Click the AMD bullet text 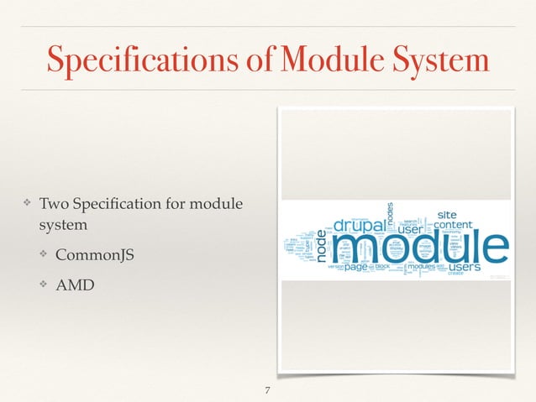[76, 285]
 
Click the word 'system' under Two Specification [60, 227]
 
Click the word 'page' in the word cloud [356, 267]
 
